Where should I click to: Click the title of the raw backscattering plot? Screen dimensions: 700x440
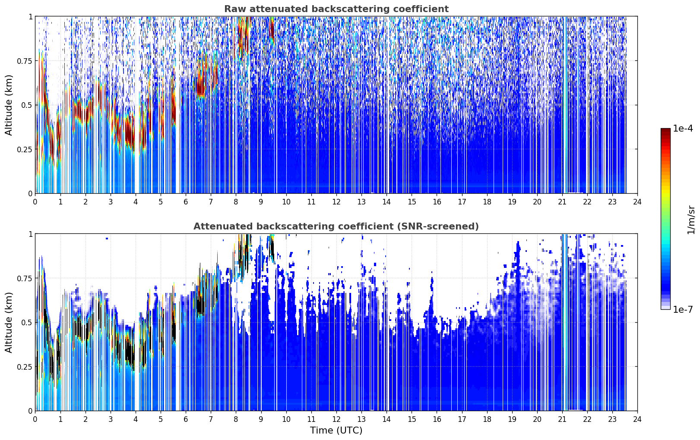[x=336, y=9]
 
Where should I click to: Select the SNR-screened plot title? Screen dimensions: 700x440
[x=336, y=226]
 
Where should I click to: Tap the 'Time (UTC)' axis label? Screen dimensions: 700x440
[x=336, y=431]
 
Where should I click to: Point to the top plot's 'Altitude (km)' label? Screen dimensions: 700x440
[x=9, y=105]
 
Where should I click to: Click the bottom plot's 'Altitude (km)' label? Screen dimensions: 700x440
[x=9, y=323]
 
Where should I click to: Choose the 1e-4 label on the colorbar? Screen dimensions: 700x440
[x=683, y=128]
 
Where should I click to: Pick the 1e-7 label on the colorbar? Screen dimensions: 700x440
[x=683, y=310]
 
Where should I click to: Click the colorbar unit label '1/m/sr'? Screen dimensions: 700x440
[x=691, y=220]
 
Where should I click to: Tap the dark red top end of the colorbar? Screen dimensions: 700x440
[x=665, y=130]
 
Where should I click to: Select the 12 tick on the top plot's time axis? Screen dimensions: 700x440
[x=336, y=201]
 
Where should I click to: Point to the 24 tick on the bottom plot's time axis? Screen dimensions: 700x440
[x=637, y=419]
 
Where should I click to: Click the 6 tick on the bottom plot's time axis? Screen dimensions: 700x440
[x=186, y=419]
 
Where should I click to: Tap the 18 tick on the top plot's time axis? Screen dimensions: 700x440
[x=487, y=201]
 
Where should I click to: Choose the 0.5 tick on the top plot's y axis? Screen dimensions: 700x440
[x=26, y=105]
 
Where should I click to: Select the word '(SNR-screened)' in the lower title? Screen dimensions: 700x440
[x=437, y=226]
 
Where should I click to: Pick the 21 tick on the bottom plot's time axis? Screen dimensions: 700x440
[x=562, y=419]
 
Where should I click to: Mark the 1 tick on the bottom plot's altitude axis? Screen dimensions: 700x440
[x=30, y=234]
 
